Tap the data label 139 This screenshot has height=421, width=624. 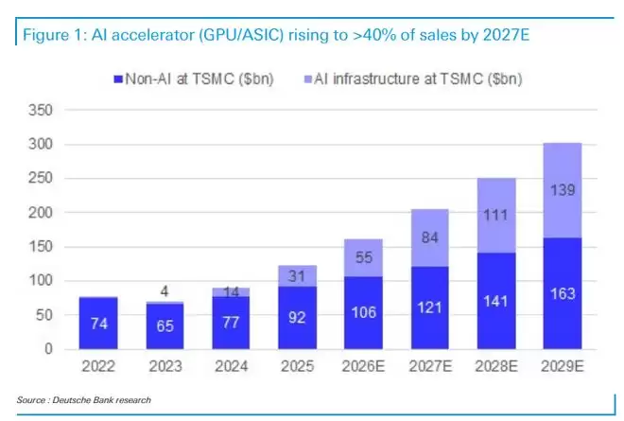point(563,191)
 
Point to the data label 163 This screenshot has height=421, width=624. point(563,294)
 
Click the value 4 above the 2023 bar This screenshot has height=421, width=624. point(164,289)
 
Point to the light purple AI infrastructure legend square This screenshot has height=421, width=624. point(307,79)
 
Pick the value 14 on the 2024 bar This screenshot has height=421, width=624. point(230,292)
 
